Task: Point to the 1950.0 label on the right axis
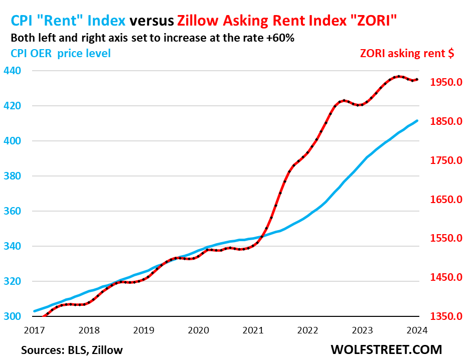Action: tap(445, 82)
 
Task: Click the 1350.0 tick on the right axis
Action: tap(445, 316)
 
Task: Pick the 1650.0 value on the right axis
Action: tap(445, 200)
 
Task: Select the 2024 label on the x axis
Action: tap(417, 330)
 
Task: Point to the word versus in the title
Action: tap(151, 21)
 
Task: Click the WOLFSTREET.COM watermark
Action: tap(386, 349)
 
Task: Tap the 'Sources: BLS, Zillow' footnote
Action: tap(72, 349)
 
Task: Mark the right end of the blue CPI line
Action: tap(417, 120)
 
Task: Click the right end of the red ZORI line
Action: tap(417, 79)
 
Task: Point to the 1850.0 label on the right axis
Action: tap(445, 121)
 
